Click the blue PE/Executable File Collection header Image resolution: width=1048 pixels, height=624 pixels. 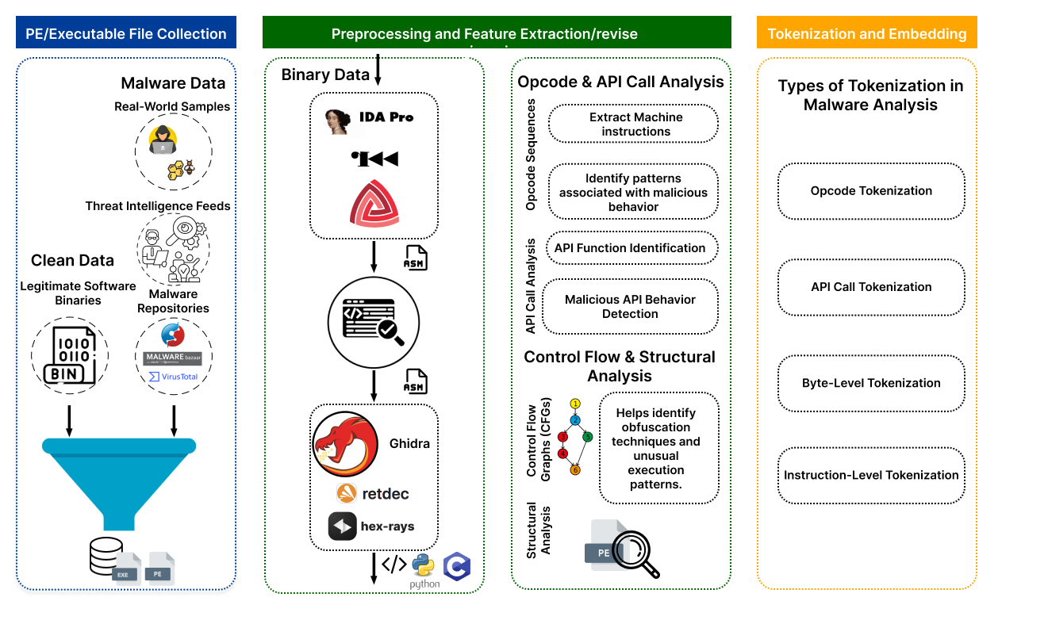125,33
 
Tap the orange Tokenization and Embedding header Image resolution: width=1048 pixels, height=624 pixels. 866,33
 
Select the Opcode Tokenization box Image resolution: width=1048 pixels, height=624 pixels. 871,191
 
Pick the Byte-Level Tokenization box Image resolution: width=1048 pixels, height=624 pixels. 871,383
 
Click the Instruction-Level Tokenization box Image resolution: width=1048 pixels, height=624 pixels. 871,475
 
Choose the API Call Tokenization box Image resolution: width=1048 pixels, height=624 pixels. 871,287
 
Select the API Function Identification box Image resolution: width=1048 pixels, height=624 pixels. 630,248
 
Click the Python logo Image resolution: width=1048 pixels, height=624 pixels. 424,566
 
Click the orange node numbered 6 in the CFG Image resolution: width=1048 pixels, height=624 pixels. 575,470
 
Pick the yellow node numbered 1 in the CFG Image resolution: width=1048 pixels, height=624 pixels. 575,404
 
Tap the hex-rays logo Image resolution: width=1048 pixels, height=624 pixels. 343,526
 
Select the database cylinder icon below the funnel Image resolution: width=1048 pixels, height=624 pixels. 106,557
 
